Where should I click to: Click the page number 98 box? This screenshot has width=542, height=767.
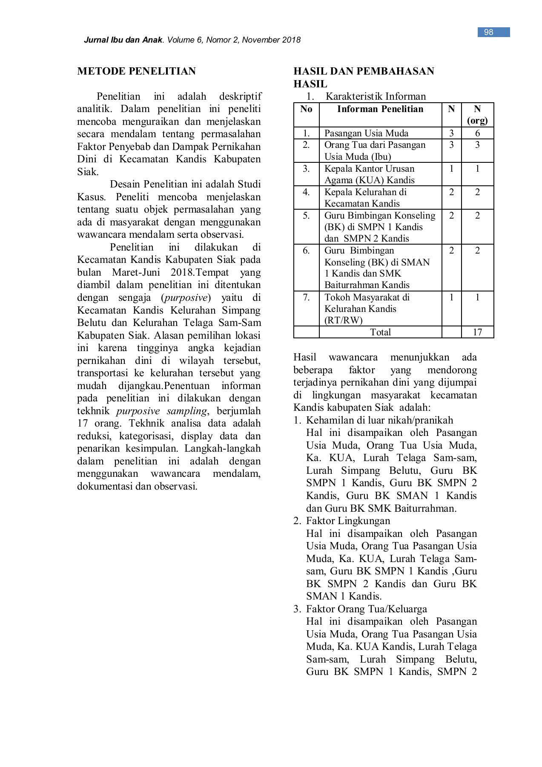click(x=489, y=32)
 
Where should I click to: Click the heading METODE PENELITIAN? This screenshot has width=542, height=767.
click(x=136, y=71)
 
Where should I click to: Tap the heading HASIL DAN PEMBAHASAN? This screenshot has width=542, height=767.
click(x=364, y=71)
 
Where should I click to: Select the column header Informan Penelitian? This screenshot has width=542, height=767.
click(x=380, y=109)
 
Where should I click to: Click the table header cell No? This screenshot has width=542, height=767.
click(x=306, y=109)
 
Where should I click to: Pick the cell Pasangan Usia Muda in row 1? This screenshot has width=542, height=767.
click(x=366, y=133)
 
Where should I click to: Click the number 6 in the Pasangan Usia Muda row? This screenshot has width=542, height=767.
click(x=477, y=133)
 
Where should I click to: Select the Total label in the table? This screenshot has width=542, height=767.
click(x=380, y=332)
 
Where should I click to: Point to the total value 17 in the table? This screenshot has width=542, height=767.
click(x=477, y=332)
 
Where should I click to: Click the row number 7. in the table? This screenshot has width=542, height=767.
click(x=306, y=297)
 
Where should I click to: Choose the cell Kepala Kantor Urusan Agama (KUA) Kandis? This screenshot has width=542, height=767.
click(x=369, y=174)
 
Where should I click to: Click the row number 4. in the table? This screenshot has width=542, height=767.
click(x=306, y=192)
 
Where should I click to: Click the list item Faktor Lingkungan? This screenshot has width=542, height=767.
click(x=348, y=521)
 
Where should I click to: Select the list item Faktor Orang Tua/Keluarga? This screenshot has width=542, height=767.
click(x=366, y=609)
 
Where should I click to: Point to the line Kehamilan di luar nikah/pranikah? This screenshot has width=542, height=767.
click(x=379, y=420)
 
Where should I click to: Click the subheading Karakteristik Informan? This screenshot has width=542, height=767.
click(x=376, y=96)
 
